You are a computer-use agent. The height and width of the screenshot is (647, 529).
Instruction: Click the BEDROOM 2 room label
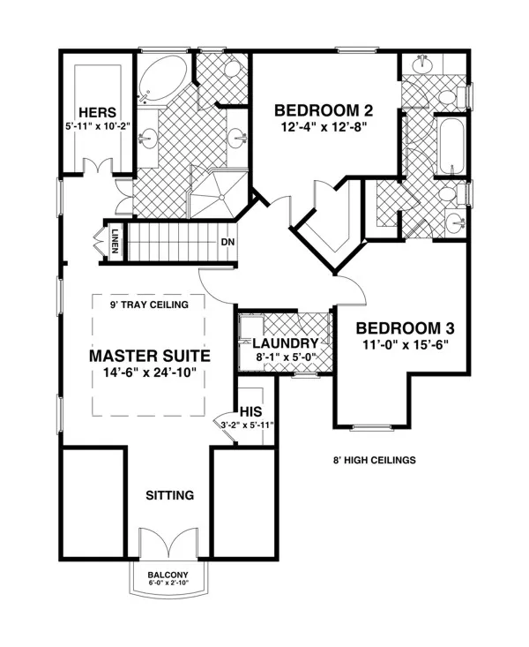324,110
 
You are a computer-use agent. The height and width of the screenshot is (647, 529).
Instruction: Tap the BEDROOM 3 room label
405,328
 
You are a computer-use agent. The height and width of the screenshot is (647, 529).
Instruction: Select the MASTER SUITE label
150,356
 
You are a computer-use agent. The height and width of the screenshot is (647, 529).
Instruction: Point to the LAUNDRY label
286,342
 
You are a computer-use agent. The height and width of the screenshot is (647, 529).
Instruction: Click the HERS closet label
98,112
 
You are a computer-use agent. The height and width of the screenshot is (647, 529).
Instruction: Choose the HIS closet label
250,411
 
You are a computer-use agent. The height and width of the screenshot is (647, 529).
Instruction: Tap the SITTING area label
170,495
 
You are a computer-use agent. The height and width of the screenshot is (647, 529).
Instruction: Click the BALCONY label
168,575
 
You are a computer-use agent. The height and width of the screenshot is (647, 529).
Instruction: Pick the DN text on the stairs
227,242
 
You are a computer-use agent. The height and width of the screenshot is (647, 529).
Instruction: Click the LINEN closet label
115,241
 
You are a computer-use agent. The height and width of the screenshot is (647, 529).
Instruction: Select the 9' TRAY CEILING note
149,305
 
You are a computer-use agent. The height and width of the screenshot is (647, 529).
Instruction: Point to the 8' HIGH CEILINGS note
375,460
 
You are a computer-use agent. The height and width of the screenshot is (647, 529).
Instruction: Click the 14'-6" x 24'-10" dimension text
149,372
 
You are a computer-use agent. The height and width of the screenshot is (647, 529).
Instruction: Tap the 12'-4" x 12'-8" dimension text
324,127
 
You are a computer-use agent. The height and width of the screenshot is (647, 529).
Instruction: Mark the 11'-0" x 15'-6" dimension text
406,344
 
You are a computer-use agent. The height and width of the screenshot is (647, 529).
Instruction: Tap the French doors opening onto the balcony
169,543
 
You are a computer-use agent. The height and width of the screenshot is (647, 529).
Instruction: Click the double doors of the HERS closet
98,167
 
